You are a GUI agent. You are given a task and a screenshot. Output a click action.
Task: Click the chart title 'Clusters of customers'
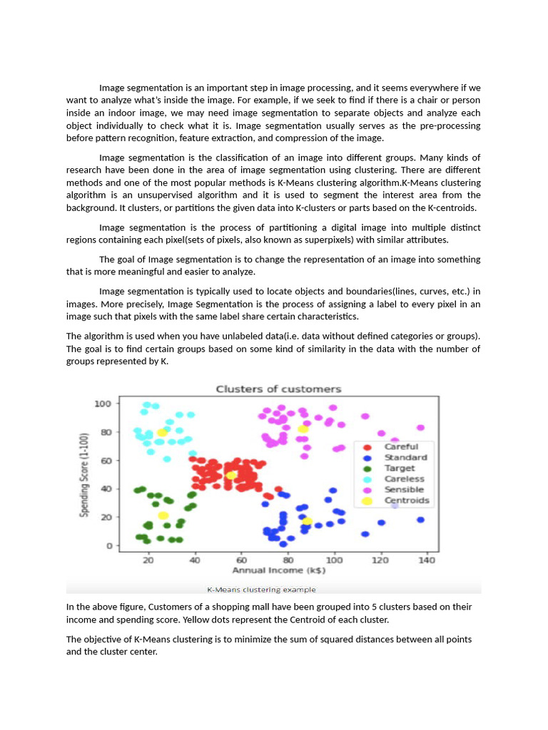coord(278,389)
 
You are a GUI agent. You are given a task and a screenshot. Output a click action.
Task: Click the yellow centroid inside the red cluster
coord(231,475)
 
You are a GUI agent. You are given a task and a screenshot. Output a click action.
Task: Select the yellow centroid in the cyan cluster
coord(163,433)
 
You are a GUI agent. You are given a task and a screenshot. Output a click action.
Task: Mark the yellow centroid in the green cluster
coord(163,515)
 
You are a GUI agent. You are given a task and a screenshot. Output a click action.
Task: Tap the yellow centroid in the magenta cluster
coord(303,429)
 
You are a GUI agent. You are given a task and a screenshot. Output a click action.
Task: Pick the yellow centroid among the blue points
coord(307,521)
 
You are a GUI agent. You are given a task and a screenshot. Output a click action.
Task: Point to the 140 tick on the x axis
coord(427,560)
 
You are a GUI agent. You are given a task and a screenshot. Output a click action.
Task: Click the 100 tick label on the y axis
coord(103,403)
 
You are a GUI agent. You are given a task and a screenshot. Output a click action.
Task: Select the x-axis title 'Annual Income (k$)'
coord(279,571)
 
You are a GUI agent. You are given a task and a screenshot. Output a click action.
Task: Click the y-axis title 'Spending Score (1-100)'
coord(84,475)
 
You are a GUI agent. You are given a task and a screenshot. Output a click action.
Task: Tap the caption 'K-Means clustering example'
coord(261,590)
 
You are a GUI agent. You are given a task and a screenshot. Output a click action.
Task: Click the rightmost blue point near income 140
coord(421,520)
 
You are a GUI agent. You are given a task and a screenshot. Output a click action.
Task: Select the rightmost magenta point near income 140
coord(421,428)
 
